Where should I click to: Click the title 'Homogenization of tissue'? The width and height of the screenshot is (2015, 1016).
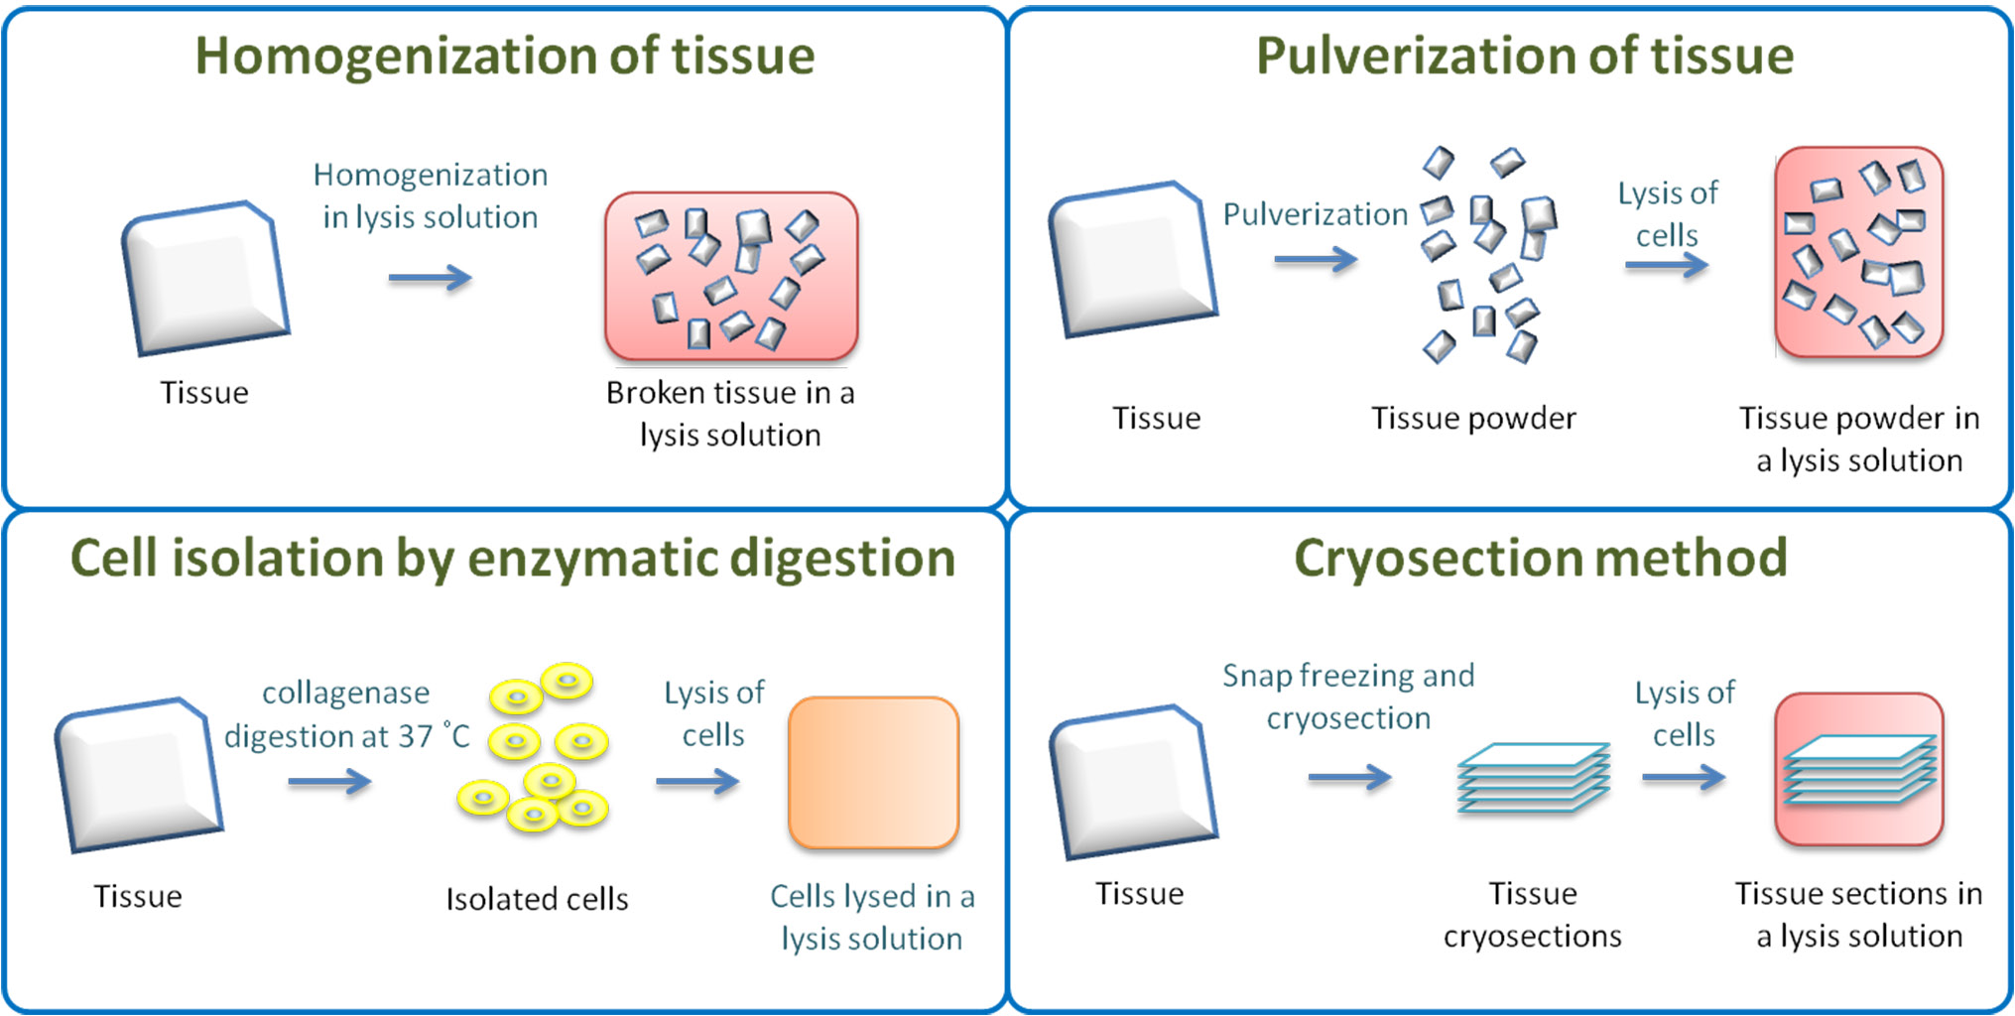tap(504, 56)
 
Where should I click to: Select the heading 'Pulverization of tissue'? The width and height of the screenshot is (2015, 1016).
tap(1524, 56)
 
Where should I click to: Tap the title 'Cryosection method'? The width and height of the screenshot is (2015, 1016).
tap(1540, 558)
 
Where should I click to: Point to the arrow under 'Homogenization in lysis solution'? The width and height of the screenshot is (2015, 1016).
tap(430, 278)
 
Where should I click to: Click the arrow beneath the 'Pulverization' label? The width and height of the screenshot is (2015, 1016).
tap(1315, 260)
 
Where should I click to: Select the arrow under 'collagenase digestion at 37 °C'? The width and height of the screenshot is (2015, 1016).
tap(329, 783)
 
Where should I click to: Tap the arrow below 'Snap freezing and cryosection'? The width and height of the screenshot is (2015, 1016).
tap(1349, 778)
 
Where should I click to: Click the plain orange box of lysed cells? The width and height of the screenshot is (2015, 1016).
tap(873, 773)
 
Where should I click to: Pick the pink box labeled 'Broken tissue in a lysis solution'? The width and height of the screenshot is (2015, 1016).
tap(731, 276)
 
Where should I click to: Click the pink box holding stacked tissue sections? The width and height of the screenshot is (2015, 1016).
tap(1858, 769)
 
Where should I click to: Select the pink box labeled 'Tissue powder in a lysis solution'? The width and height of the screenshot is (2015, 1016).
tap(1858, 252)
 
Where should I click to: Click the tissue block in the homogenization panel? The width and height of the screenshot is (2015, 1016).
tap(205, 278)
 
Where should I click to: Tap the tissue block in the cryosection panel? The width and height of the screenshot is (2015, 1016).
tap(1134, 781)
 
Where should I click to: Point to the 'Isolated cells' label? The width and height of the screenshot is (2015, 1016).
tap(537, 899)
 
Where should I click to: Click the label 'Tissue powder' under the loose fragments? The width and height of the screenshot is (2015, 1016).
tap(1473, 419)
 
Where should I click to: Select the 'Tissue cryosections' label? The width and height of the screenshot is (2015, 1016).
tap(1532, 915)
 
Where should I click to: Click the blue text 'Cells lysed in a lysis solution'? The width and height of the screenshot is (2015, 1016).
tap(872, 917)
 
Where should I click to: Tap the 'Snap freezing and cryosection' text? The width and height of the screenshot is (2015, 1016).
tap(1348, 697)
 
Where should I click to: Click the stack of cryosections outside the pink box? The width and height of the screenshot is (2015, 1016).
tap(1533, 777)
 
